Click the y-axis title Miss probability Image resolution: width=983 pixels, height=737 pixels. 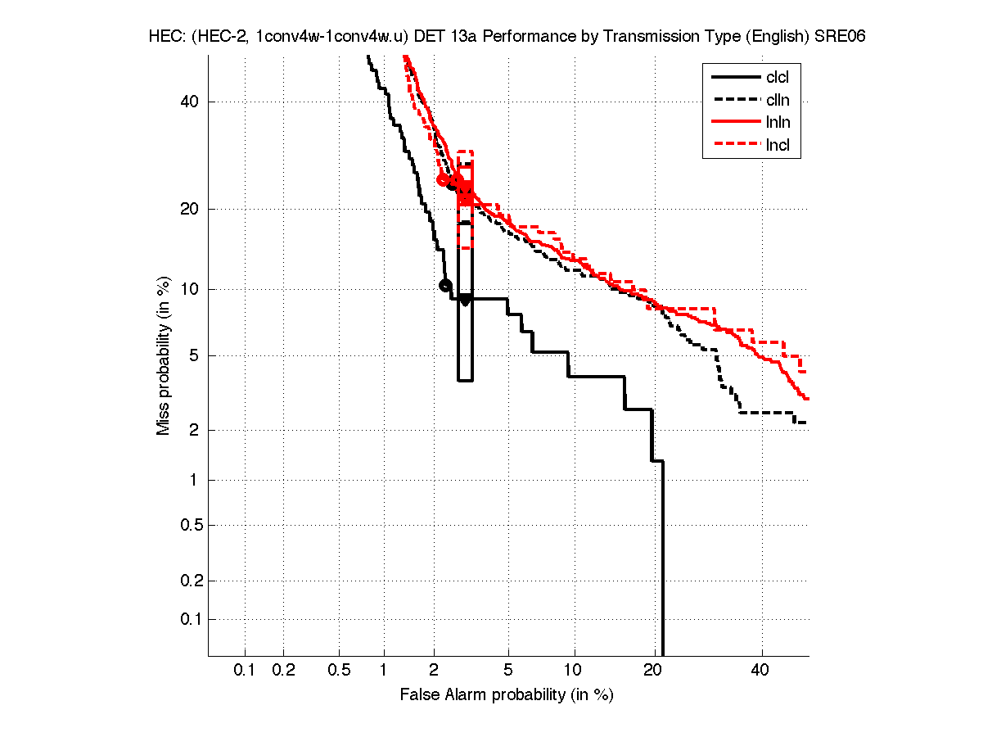pyautogui.click(x=164, y=355)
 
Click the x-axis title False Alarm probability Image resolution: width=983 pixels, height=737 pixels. pyautogui.click(x=507, y=695)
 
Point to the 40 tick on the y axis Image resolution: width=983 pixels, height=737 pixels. pyautogui.click(x=190, y=102)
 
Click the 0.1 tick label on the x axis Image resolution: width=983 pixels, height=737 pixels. pyautogui.click(x=245, y=671)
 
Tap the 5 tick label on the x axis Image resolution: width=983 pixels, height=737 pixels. pyautogui.click(x=508, y=671)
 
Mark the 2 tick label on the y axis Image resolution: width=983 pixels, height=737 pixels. pyautogui.click(x=193, y=430)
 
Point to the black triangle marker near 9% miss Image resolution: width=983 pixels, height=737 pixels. pyautogui.click(x=465, y=300)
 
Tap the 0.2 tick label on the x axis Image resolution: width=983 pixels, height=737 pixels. pyautogui.click(x=283, y=671)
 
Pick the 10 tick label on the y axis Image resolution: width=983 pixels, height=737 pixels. pyautogui.click(x=190, y=289)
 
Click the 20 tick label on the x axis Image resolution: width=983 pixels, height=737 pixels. pyautogui.click(x=652, y=671)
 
